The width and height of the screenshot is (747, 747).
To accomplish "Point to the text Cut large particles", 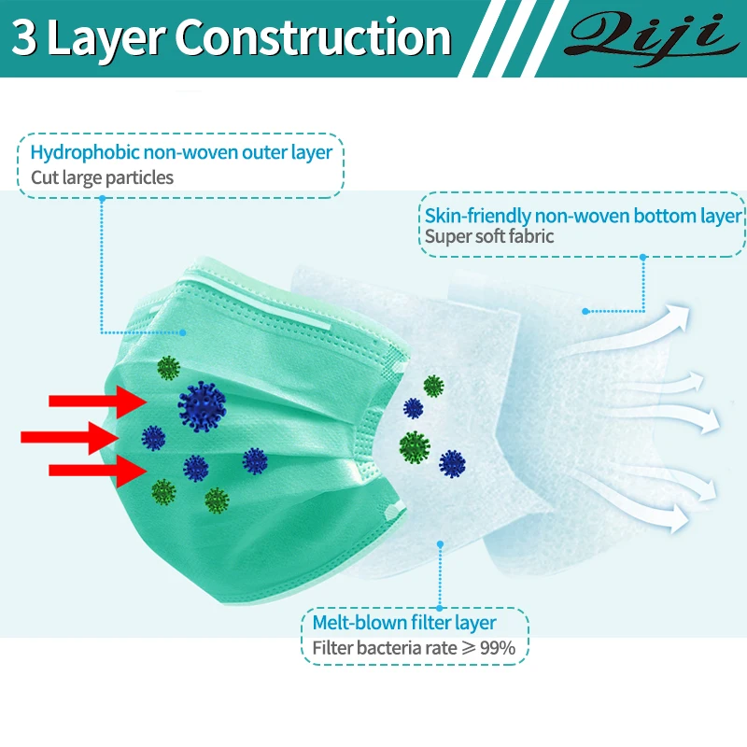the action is point(102,177).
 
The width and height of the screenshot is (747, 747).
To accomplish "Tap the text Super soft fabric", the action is point(489,236).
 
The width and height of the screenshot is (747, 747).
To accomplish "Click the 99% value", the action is point(509,647).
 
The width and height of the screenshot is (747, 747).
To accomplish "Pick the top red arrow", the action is point(93,401).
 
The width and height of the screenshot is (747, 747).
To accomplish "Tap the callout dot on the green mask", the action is point(184,331).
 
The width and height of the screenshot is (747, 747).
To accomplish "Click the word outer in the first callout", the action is point(271,152).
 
